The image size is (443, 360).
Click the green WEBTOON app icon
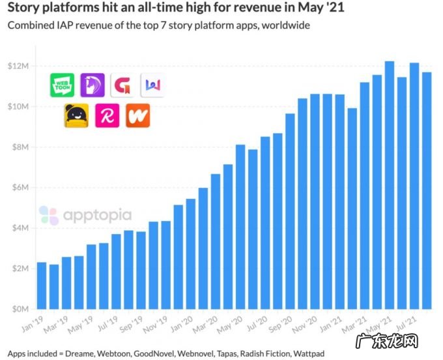coord(63,85)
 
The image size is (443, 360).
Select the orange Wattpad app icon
coord(137,115)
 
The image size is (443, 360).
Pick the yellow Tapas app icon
coord(76,115)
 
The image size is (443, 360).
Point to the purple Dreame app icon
coord(93,85)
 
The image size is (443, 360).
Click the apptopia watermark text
coord(97,215)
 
